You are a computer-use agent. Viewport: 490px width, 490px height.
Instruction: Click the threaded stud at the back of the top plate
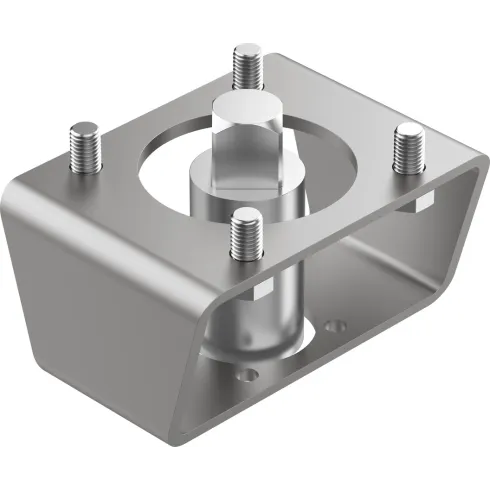[245, 67]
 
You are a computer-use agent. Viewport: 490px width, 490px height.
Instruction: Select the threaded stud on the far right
[409, 149]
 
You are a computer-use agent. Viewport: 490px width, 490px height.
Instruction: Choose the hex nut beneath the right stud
[421, 203]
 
